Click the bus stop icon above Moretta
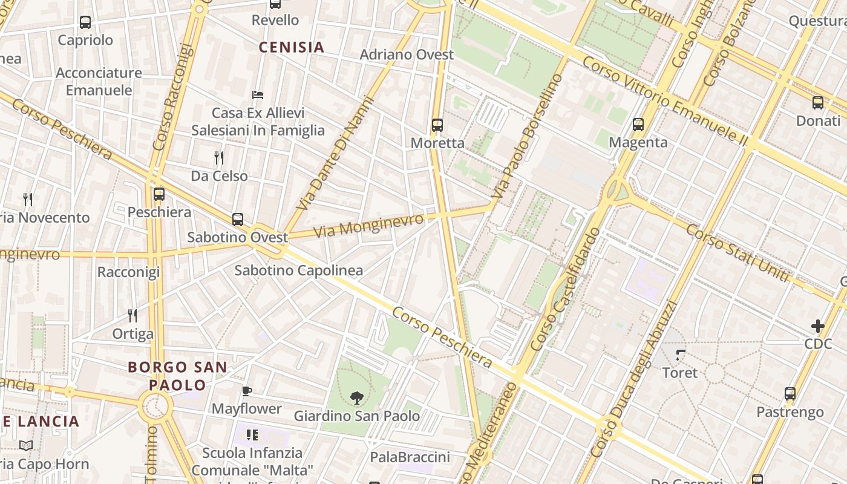(x=437, y=125)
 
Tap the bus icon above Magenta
(x=638, y=125)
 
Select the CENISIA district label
(x=292, y=47)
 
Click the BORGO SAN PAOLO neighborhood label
(x=177, y=376)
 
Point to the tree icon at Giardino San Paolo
(x=357, y=397)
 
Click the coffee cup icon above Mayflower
(x=246, y=391)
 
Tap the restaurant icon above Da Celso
(x=219, y=158)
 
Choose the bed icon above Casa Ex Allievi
(x=258, y=95)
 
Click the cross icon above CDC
(x=818, y=326)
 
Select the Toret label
(x=680, y=373)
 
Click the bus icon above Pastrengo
(x=790, y=394)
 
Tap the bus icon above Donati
(x=818, y=102)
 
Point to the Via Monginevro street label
(x=368, y=226)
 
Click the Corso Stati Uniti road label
(x=737, y=253)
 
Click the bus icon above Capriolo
(x=85, y=22)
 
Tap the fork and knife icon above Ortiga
(x=132, y=315)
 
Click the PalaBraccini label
(x=410, y=457)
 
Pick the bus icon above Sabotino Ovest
(x=238, y=219)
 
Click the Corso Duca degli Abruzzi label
(x=632, y=378)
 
